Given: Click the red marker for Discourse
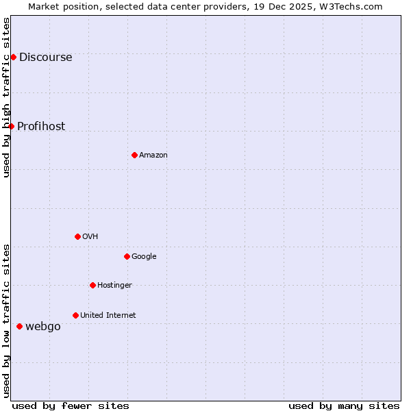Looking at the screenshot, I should coord(13,57).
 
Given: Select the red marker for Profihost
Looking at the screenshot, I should coord(11,126).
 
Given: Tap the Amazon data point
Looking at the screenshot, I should coord(134,155).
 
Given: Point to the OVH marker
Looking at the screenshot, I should coord(77,236).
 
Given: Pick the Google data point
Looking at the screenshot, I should coord(127,256).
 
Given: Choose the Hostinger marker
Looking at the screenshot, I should coord(92,285).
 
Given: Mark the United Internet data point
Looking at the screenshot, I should coord(75,315).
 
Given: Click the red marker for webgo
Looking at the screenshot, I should coord(19,326).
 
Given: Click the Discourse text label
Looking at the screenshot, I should coord(45,58).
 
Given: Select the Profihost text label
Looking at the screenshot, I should coord(41,127).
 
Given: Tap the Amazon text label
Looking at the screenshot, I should coord(153,155).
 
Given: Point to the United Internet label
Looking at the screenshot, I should coord(108,316).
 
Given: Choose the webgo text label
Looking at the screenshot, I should coord(42,327).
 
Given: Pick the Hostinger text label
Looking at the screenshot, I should coord(114,286).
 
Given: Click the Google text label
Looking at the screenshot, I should coord(144,257).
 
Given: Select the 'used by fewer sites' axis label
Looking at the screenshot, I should coord(70,406).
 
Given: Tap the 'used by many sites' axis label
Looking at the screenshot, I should coord(344,406).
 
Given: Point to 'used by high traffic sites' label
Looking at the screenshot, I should coord(6,97).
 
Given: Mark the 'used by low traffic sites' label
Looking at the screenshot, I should coord(6,321).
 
